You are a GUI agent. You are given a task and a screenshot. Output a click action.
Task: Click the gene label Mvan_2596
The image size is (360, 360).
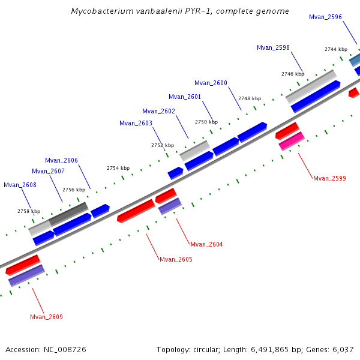point(325,17)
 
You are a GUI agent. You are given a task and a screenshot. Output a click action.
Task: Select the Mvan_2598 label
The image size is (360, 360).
point(273,47)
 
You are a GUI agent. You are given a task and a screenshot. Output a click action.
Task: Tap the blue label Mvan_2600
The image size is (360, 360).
point(211,83)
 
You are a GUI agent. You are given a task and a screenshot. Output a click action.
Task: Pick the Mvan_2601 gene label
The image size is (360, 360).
point(185,97)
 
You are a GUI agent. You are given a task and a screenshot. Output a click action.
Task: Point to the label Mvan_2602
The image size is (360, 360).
point(158,111)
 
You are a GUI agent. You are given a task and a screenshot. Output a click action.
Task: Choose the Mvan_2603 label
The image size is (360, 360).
point(136,123)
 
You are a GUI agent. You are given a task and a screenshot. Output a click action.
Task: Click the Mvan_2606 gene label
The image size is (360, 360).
point(61,160)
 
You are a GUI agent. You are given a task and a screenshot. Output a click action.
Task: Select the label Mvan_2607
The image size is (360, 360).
point(48,171)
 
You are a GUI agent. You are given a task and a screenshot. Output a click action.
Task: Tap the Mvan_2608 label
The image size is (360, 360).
point(20,185)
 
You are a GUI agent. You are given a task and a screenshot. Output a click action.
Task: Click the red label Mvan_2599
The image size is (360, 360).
point(329,178)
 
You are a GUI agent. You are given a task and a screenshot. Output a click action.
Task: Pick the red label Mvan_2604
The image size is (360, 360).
point(206,244)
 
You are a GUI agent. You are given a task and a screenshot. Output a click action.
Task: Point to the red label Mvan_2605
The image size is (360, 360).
point(176,259)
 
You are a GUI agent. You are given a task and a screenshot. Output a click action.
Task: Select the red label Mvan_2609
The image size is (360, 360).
point(46,317)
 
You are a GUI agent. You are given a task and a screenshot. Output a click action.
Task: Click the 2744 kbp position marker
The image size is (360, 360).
point(335,49)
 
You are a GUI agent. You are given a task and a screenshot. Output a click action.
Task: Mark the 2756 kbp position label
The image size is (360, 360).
point(73,190)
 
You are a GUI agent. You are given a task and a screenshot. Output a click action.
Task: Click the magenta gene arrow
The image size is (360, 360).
point(292,142)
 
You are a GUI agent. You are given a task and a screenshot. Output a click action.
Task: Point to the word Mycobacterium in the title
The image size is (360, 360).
point(98,11)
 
